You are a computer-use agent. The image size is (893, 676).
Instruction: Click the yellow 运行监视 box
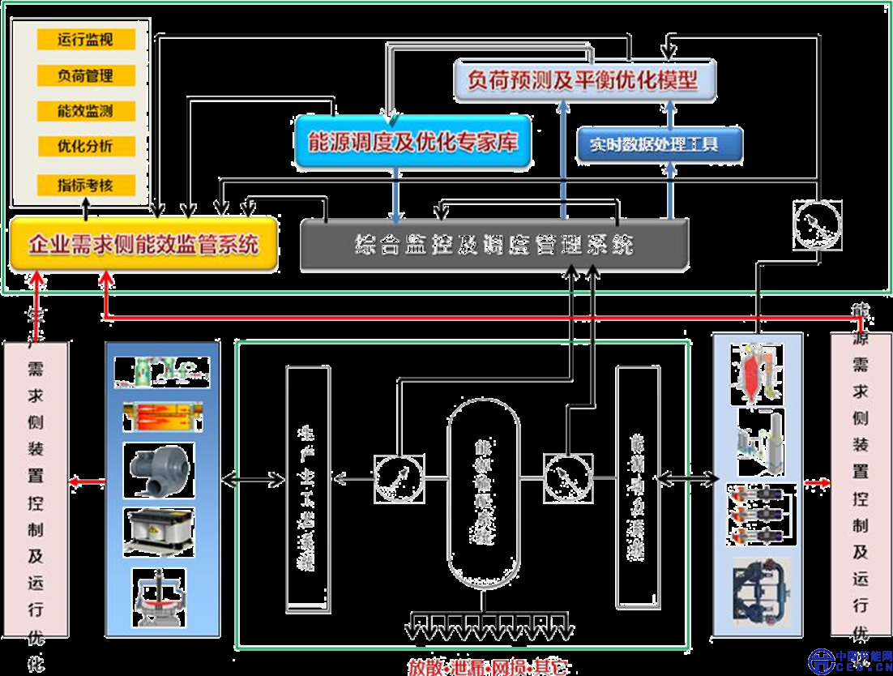click(x=85, y=39)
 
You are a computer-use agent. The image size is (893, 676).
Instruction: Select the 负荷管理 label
click(x=85, y=75)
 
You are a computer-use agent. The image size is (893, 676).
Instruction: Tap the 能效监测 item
click(x=85, y=111)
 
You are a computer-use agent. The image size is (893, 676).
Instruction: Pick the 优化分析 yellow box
click(x=85, y=147)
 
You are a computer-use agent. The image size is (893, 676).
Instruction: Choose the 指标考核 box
click(x=85, y=185)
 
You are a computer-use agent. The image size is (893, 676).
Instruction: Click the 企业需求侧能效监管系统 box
click(x=143, y=243)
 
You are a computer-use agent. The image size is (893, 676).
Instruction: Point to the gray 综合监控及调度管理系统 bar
click(x=494, y=244)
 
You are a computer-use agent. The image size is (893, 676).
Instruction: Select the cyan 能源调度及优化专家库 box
click(x=413, y=142)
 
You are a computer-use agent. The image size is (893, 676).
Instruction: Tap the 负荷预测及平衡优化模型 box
click(x=583, y=79)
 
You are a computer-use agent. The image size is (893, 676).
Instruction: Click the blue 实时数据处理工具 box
click(x=659, y=145)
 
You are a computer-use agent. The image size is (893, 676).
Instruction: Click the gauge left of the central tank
click(x=399, y=478)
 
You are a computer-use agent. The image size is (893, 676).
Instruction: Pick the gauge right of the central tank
click(x=567, y=478)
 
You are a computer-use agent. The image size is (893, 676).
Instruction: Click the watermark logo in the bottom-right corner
click(x=851, y=661)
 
